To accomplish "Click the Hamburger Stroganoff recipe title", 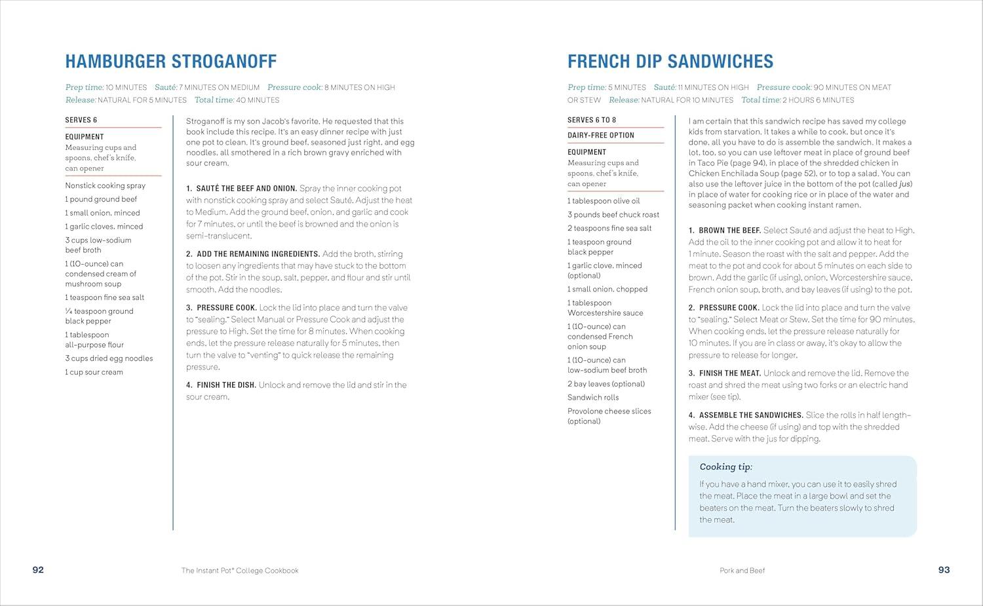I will pos(170,62).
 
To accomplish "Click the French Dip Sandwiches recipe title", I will pos(670,62).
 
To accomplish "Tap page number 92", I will pos(38,570).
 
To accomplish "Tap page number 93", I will pos(944,570).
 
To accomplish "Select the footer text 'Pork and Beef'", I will pos(742,571).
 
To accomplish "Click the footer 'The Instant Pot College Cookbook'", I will pos(240,571).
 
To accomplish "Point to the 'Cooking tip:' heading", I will pos(725,467).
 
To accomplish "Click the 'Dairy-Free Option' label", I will pos(600,136).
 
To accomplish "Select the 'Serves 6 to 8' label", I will pos(591,120).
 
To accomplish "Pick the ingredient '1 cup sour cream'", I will pos(94,372).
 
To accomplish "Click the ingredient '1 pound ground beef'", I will pos(101,199).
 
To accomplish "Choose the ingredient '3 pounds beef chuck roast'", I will pos(613,215).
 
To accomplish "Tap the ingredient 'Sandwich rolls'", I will pos(592,398).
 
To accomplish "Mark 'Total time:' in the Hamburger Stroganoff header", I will pos(214,100).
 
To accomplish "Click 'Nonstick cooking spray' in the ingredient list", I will pos(105,186).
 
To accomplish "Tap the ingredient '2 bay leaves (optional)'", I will pos(606,384).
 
